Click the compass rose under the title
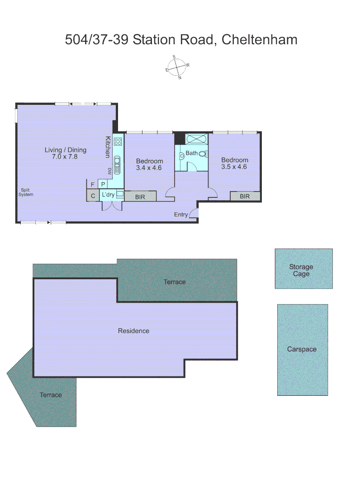pos(177,67)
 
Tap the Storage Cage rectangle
pos(303,268)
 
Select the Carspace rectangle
pos(302,349)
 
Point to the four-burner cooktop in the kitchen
pos(118,141)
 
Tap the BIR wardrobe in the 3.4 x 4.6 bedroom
pos(140,196)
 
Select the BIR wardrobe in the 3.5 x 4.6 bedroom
pos(245,196)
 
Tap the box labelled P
pos(103,184)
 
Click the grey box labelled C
pos(93,196)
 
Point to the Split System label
pos(25,192)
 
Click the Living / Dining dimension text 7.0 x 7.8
pos(65,157)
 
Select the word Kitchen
pos(108,147)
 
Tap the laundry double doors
pos(112,206)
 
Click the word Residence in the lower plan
pos(133,331)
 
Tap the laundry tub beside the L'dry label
pos(120,194)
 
